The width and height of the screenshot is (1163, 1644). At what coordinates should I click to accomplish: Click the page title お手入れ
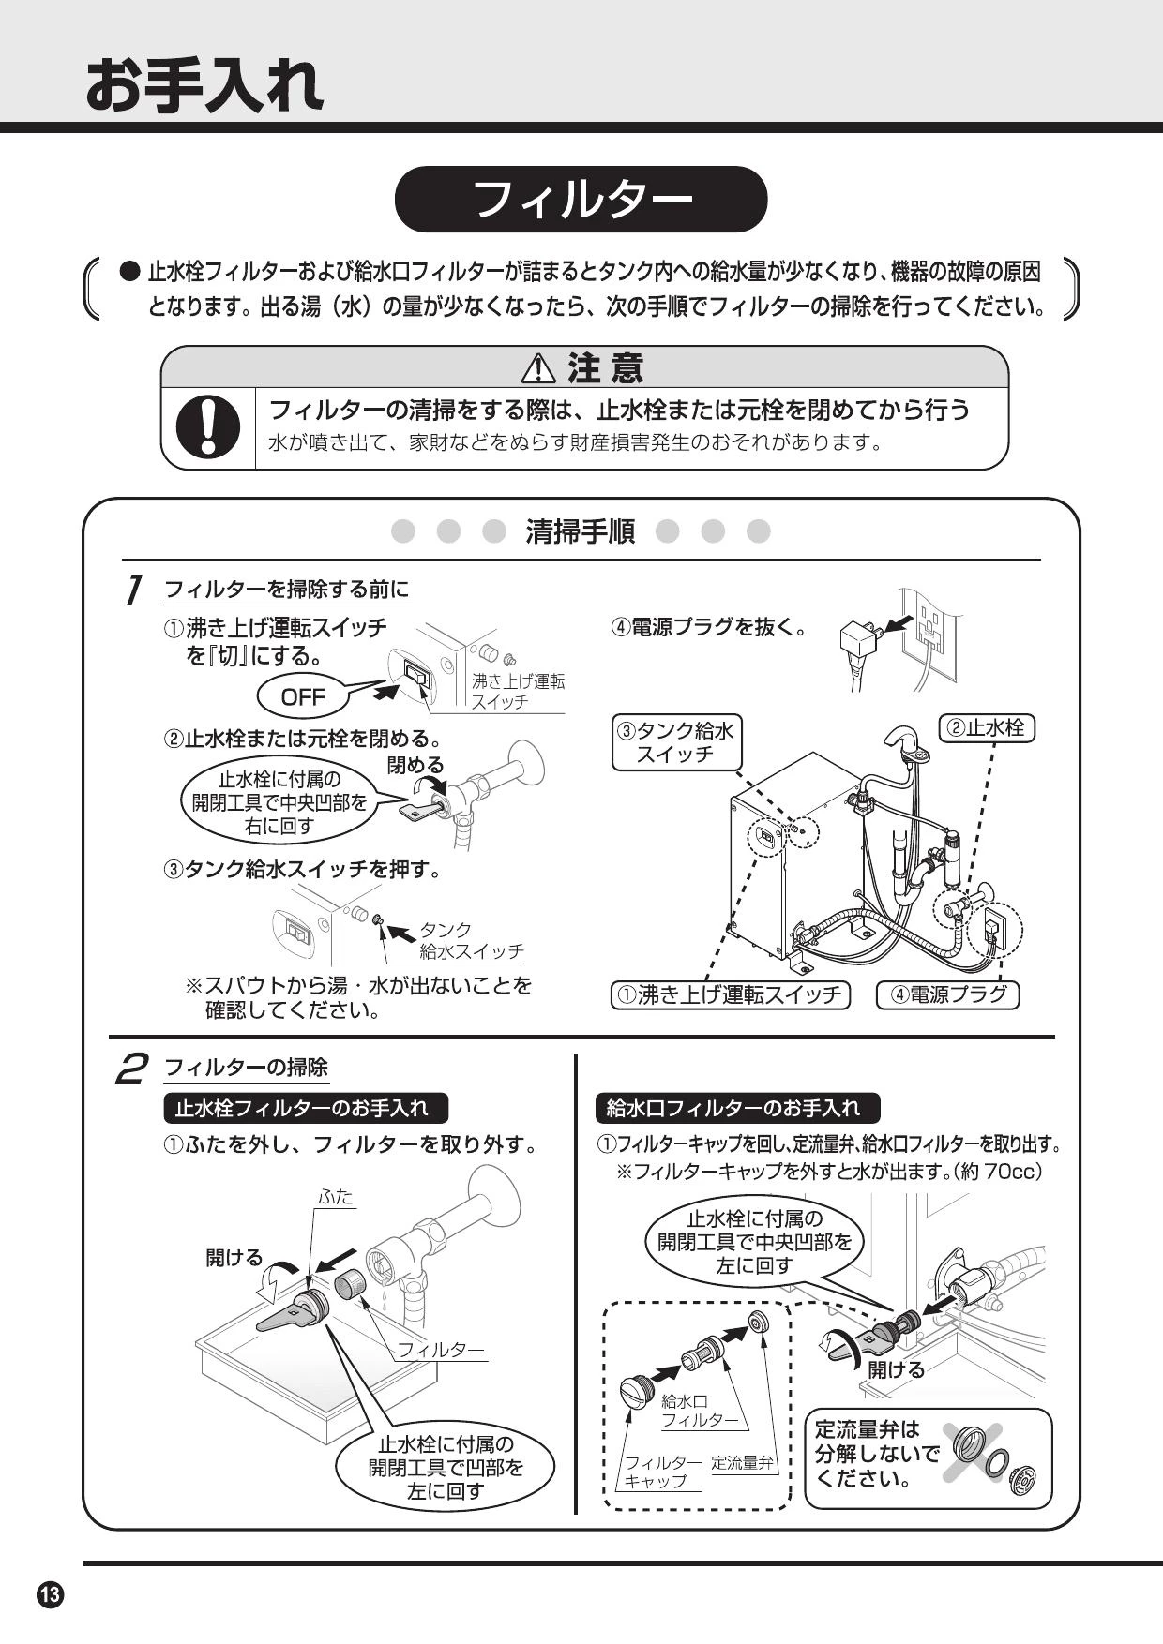[204, 86]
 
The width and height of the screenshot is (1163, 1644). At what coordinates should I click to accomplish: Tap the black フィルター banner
[581, 200]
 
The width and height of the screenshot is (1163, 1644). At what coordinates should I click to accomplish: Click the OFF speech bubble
[303, 696]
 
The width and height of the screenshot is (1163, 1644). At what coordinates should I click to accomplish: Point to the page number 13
[50, 1593]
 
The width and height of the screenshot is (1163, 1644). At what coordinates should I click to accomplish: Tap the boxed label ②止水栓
[986, 727]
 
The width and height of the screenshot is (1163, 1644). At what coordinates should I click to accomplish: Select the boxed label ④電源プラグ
[947, 994]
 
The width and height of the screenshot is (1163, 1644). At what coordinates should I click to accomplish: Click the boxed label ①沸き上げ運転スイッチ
[730, 994]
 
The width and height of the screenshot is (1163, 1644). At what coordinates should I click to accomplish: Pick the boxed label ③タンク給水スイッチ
[675, 742]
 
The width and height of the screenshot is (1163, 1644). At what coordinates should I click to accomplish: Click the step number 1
[135, 590]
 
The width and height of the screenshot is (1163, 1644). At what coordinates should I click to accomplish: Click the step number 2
[132, 1068]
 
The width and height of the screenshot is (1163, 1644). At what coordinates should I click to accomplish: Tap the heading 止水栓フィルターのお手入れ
[301, 1108]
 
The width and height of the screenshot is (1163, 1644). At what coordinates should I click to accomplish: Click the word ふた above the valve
[336, 1197]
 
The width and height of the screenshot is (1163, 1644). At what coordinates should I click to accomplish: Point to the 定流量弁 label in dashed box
[743, 1462]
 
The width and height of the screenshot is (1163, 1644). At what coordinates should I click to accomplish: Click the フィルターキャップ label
[662, 1472]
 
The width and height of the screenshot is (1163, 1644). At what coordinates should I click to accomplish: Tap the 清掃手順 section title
[581, 531]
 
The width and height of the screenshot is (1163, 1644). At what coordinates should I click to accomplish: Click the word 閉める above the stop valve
[415, 766]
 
